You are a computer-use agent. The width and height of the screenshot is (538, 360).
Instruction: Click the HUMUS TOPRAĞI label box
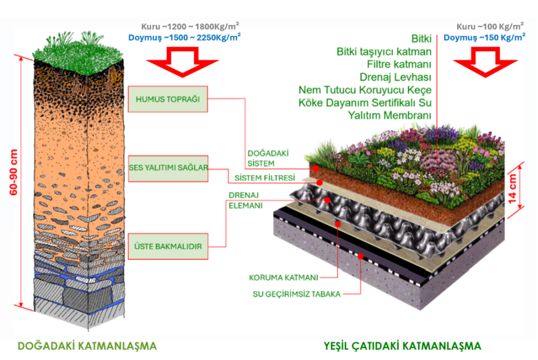(168, 99)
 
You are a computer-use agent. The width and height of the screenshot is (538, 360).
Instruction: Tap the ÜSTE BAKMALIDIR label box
(168, 246)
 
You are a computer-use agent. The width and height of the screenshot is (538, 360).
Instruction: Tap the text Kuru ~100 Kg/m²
(490, 26)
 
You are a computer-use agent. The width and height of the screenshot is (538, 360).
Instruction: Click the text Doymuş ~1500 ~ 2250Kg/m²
(184, 37)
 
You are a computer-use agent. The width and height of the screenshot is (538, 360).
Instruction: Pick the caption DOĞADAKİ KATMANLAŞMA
(87, 346)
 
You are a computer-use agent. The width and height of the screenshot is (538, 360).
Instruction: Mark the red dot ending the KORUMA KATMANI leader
(338, 224)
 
